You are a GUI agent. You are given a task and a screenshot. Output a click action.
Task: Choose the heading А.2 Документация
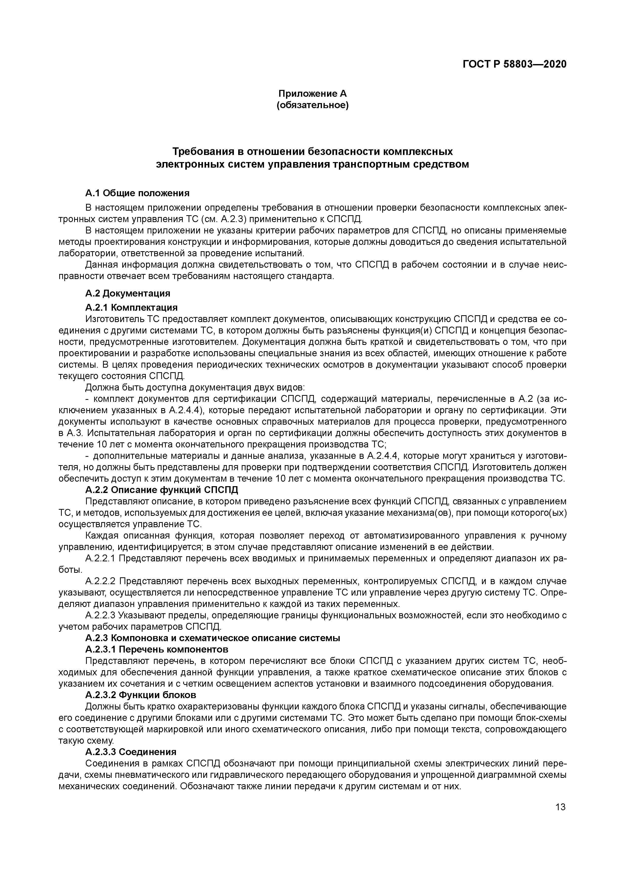click(128, 293)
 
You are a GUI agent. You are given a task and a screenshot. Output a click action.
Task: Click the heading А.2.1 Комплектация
click(131, 307)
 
